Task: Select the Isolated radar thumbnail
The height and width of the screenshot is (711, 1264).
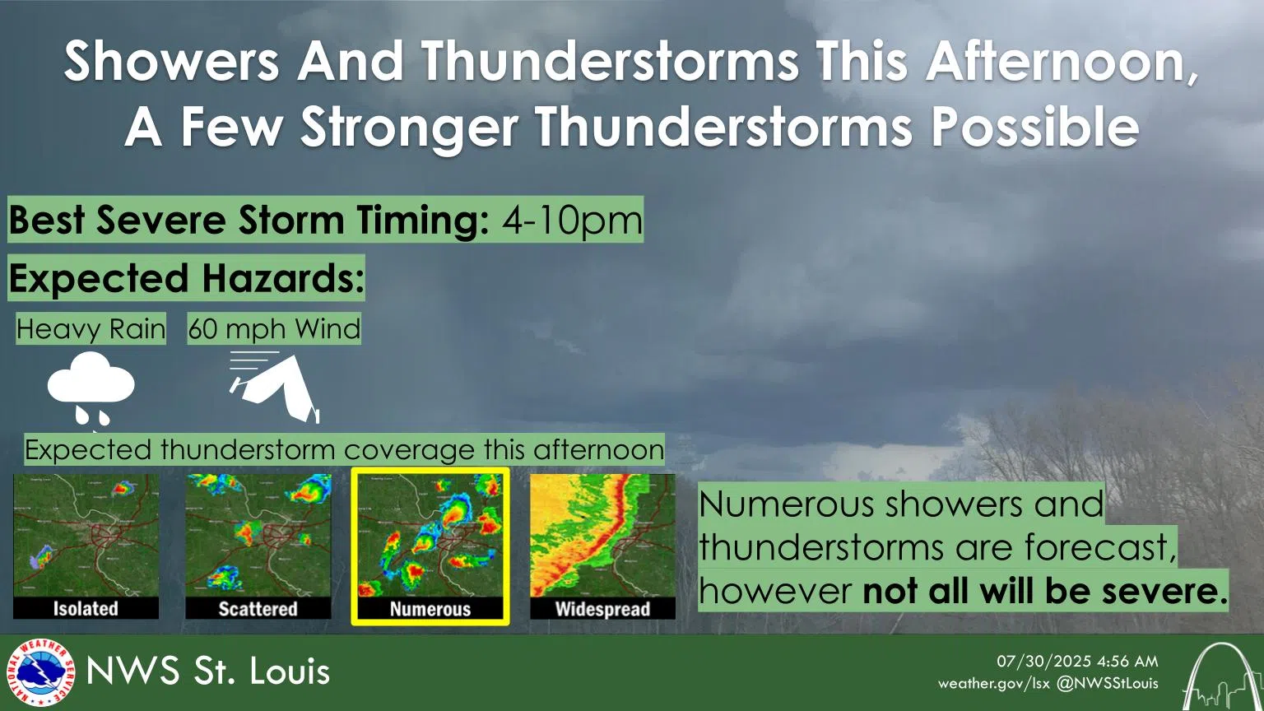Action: point(86,546)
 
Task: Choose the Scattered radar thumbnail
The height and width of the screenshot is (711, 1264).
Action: point(258,546)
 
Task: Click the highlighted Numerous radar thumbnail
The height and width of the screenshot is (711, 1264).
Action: point(430,546)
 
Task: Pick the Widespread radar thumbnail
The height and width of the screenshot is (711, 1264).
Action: point(602,546)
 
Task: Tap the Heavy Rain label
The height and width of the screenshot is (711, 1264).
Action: point(91,329)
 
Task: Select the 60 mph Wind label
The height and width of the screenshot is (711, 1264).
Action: point(274,329)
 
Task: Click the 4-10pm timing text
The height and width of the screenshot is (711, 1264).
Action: point(572,220)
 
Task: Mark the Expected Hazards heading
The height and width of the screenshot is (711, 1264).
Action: point(186,278)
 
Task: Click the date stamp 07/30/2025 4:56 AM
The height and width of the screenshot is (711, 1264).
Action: point(1077,661)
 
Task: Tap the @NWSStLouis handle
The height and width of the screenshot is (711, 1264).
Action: point(1108,683)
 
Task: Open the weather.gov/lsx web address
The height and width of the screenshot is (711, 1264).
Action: point(993,683)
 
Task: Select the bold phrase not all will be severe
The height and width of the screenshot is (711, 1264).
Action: point(1045,590)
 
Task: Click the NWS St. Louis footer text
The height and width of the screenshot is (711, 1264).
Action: point(207,671)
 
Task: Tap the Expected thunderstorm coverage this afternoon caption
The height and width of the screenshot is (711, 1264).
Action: point(344,450)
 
